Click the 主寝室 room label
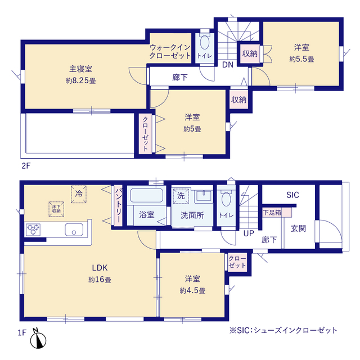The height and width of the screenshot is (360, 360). tap(80, 69)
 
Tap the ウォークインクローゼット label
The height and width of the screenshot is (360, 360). tap(170, 51)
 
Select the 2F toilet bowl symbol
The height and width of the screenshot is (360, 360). tap(204, 42)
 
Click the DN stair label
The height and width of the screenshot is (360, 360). tap(228, 65)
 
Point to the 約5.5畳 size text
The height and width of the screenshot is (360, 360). tap(301, 59)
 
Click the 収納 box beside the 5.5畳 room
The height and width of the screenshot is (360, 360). tap(250, 53)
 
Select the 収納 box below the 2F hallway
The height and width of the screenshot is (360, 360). tap(238, 100)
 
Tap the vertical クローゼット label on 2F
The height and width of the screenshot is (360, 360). tap(145, 134)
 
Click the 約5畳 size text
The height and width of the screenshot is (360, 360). tap(192, 129)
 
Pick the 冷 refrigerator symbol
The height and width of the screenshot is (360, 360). tap(79, 194)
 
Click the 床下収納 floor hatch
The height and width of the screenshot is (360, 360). tap(56, 209)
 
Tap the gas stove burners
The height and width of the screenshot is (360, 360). tap(33, 229)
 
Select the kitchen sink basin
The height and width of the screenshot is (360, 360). tap(74, 229)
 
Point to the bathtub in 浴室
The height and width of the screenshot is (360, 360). tap(146, 195)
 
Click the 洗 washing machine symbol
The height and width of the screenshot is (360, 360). tap(181, 196)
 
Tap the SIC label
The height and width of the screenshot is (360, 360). tap(292, 195)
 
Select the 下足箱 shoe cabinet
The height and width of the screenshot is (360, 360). tap(277, 213)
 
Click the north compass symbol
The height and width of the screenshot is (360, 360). tap(38, 340)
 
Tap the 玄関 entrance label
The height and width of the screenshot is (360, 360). tap(298, 228)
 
